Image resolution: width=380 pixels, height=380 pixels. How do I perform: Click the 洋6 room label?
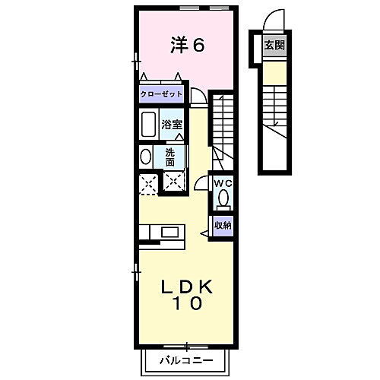coord(186,46)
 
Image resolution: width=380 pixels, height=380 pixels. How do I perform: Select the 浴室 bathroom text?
coord(172,124)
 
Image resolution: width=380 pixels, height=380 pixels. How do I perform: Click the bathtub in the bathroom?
coord(148,124)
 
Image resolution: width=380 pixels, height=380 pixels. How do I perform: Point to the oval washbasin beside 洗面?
coord(145,157)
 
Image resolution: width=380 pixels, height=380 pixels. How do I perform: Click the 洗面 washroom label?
coord(170,157)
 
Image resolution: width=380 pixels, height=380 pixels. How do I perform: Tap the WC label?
coord(223,183)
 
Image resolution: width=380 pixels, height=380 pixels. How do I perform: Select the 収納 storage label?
coord(222,225)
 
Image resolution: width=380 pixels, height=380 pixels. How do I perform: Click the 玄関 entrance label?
coord(274,46)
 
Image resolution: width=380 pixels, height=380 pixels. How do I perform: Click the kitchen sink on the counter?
coord(169,231)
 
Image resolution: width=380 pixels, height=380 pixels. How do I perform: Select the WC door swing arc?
coord(201,184)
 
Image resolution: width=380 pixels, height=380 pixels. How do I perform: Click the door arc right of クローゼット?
coord(196,94)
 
